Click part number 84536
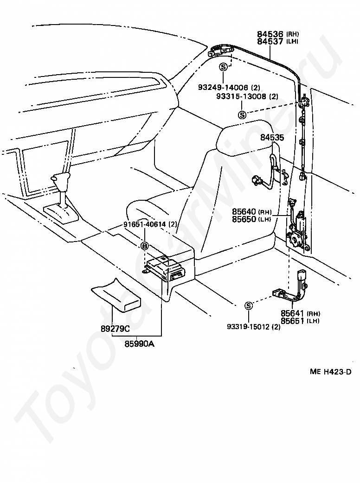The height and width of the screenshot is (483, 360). click(270, 34)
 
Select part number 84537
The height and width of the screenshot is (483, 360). click(270, 41)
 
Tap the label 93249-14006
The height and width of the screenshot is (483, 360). click(223, 88)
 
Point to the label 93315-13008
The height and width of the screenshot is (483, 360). click(241, 96)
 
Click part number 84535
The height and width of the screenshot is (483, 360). click(272, 137)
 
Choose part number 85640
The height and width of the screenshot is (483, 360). click(244, 212)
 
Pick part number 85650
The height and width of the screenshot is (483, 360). click(244, 219)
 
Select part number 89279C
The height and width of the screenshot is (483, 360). click(115, 329)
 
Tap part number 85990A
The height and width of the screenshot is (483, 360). click(139, 343)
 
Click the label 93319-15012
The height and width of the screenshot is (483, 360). click(248, 327)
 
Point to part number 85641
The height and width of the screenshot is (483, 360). click(292, 313)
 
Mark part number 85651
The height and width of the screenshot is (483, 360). click(292, 321)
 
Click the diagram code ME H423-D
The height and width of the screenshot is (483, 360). click(330, 371)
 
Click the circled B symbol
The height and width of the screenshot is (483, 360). click(145, 246)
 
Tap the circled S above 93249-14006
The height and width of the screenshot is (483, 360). click(223, 67)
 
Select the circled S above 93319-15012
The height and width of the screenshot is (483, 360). click(248, 306)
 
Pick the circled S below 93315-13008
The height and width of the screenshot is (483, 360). click(243, 115)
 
